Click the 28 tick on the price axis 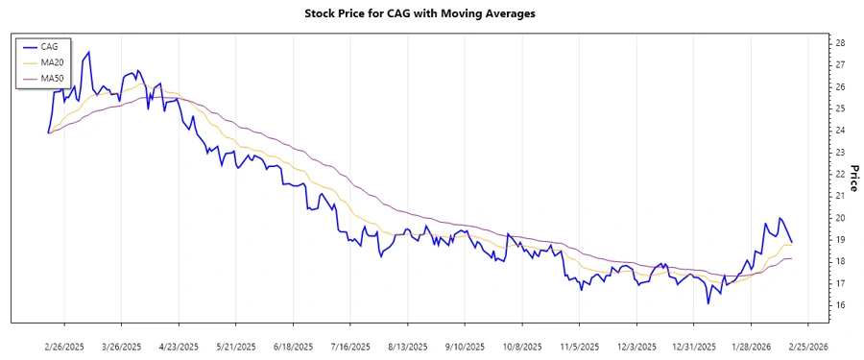coord(840,43)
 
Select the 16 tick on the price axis coord(840,305)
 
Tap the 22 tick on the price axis coord(840,174)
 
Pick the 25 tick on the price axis coord(840,108)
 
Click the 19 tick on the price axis coord(840,240)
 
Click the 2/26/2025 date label coord(64,346)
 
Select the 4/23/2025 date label coord(178,346)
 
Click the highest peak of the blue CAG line coord(89,52)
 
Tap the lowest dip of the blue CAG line coord(708,303)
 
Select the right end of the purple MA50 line coord(791,258)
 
